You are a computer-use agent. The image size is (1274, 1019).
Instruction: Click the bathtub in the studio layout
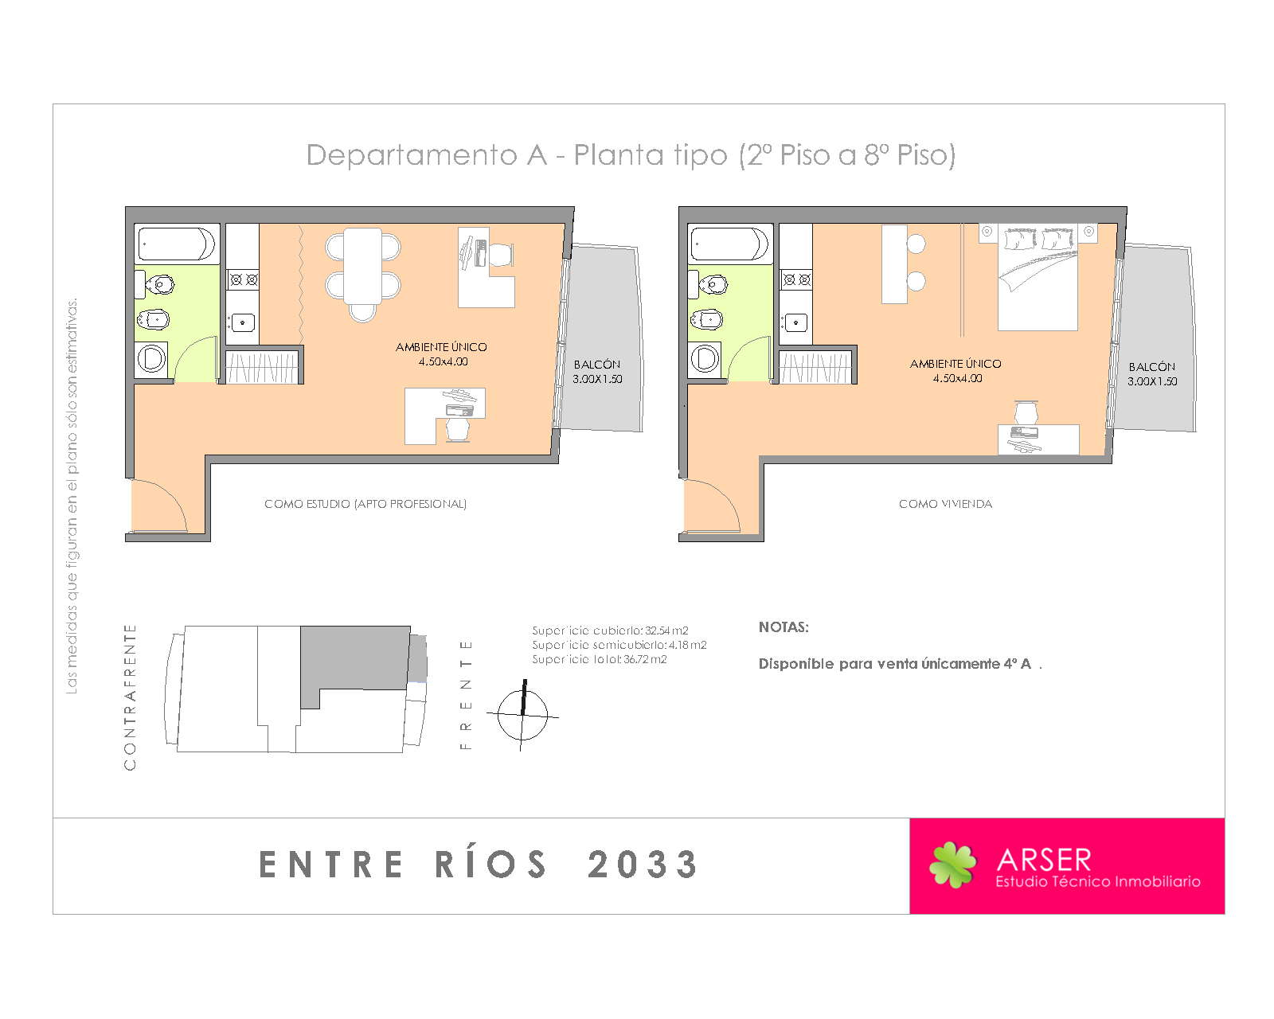click(177, 244)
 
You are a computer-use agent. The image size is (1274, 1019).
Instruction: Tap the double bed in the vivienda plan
click(1038, 277)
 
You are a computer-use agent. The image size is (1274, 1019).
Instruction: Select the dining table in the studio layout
click(362, 265)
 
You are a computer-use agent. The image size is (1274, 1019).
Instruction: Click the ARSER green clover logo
click(952, 865)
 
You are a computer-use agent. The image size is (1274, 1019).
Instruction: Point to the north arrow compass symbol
click(522, 715)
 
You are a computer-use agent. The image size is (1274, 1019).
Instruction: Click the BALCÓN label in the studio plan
click(596, 364)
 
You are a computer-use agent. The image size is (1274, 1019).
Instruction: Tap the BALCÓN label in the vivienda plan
click(1151, 366)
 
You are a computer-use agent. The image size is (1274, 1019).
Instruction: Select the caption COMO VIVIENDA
click(945, 504)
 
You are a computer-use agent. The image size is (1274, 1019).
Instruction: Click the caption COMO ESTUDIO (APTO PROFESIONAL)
click(365, 504)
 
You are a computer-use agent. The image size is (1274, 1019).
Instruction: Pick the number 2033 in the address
click(643, 865)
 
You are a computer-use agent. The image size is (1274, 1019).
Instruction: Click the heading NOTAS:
click(784, 627)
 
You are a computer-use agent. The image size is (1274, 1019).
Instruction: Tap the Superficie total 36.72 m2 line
click(599, 659)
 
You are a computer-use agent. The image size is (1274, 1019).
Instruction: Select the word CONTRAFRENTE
click(130, 697)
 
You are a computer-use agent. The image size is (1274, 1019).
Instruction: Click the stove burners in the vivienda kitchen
click(796, 279)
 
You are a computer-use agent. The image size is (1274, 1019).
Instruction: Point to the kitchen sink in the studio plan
click(242, 322)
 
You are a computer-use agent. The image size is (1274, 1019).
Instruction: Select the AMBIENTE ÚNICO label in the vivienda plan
click(955, 364)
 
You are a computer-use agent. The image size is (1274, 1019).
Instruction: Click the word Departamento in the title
click(412, 155)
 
